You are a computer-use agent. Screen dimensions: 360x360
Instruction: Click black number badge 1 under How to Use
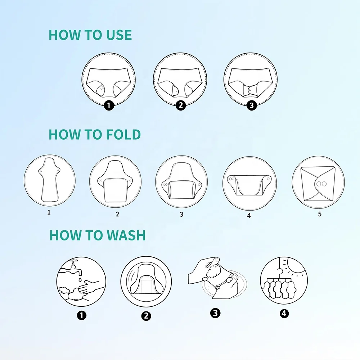pyautogui.click(x=109, y=105)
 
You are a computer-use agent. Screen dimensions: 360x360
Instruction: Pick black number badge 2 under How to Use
pyautogui.click(x=180, y=105)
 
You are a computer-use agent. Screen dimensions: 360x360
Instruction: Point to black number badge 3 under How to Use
pyautogui.click(x=251, y=105)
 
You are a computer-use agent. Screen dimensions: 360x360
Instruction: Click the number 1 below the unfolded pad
pyautogui.click(x=49, y=212)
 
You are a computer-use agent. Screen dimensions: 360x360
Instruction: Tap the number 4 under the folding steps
pyautogui.click(x=249, y=215)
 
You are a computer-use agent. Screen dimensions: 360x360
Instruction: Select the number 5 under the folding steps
pyautogui.click(x=319, y=214)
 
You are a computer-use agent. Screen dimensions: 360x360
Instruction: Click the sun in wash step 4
pyautogui.click(x=296, y=270)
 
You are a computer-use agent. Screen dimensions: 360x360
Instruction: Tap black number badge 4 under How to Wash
pyautogui.click(x=284, y=313)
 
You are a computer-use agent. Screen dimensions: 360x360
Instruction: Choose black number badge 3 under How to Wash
pyautogui.click(x=215, y=313)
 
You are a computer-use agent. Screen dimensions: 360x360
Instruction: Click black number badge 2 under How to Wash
pyautogui.click(x=146, y=316)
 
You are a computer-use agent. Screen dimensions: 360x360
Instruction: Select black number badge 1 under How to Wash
pyautogui.click(x=82, y=315)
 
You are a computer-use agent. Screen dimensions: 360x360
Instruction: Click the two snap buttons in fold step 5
pyautogui.click(x=321, y=184)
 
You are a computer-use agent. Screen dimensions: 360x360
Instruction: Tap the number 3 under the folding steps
pyautogui.click(x=181, y=214)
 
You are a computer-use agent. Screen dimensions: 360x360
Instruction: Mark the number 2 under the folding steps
pyautogui.click(x=117, y=214)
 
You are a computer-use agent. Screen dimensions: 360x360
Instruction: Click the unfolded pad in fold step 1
pyautogui.click(x=50, y=180)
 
